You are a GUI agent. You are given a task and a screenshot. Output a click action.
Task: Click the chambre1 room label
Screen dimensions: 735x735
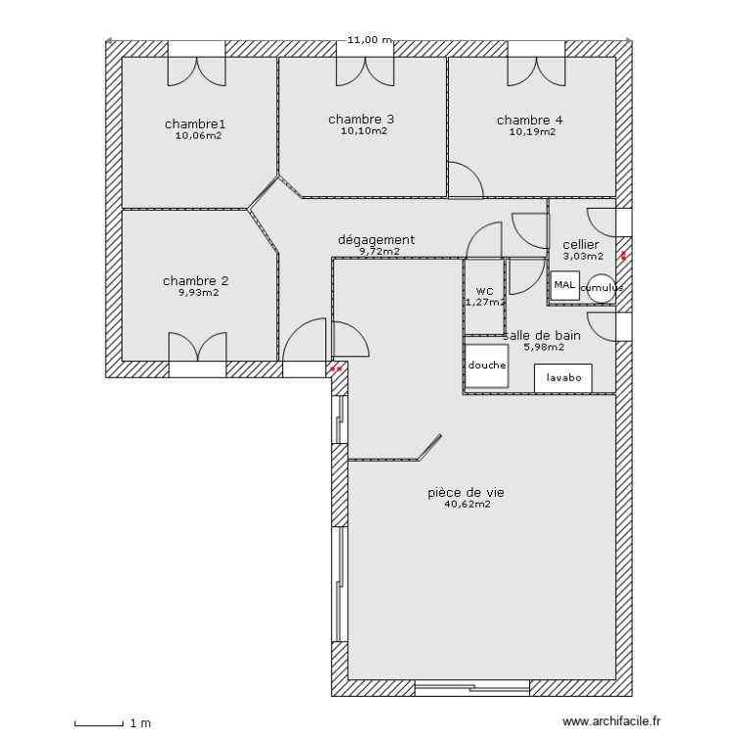click(x=195, y=123)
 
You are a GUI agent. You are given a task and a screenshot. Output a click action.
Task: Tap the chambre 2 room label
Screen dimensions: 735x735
click(x=197, y=280)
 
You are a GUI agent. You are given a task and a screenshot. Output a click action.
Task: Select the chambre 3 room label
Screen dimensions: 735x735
click(x=362, y=119)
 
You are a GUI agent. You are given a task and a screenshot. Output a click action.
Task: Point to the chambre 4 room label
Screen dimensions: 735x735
click(x=530, y=120)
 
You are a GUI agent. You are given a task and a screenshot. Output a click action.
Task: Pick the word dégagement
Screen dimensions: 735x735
click(x=376, y=239)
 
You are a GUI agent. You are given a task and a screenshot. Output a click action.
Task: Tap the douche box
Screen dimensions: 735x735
click(x=487, y=365)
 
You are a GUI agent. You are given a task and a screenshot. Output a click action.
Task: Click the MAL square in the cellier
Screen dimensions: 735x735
click(x=564, y=285)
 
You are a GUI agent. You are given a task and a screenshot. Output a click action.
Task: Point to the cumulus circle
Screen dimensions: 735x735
click(x=601, y=288)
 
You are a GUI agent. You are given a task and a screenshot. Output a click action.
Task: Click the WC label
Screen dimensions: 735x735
click(x=484, y=291)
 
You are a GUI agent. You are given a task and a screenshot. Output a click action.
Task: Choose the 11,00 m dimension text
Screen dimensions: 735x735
click(x=368, y=40)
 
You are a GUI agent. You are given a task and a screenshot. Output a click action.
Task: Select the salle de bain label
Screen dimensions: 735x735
click(x=543, y=334)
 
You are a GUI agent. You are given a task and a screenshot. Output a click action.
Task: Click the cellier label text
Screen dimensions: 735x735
click(x=581, y=245)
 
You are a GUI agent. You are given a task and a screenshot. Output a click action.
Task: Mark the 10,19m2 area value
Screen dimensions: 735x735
click(x=532, y=131)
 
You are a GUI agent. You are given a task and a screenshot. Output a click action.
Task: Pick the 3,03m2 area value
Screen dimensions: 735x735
click(x=581, y=257)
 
